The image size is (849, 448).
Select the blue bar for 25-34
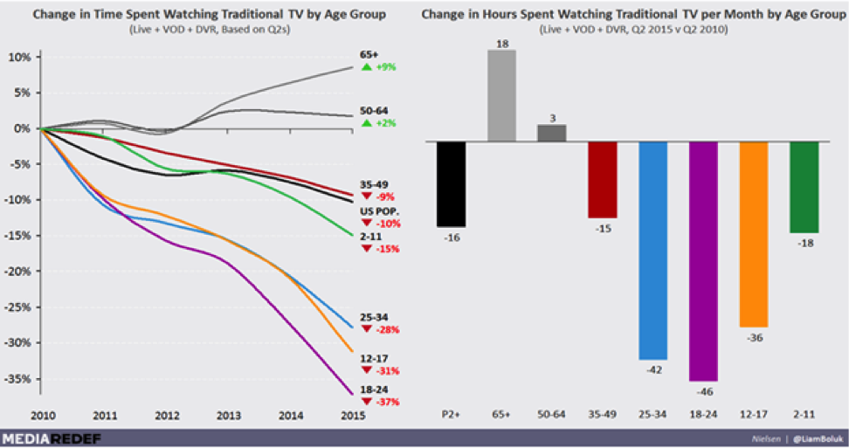pyautogui.click(x=652, y=250)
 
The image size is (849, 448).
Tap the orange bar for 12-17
pyautogui.click(x=753, y=233)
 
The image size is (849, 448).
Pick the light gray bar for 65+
pyautogui.click(x=501, y=95)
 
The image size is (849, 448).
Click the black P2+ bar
pyautogui.click(x=452, y=183)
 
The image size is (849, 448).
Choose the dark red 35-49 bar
pyautogui.click(x=602, y=179)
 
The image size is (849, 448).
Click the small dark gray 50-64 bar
pyautogui.click(x=551, y=132)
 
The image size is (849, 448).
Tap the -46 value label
pyautogui.click(x=703, y=391)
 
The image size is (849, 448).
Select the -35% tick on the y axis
pyautogui.click(x=21, y=379)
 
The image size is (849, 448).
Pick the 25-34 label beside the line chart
pyautogui.click(x=374, y=318)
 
